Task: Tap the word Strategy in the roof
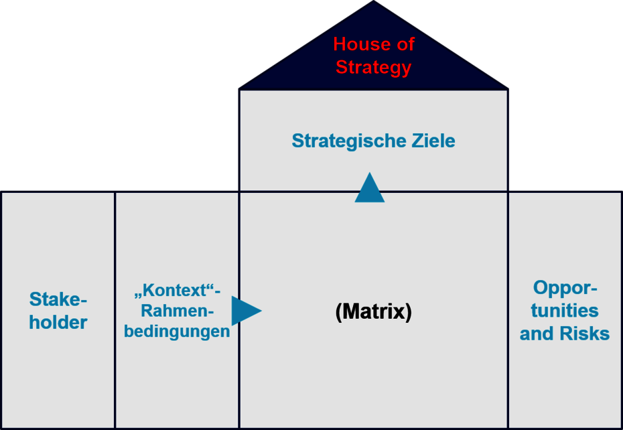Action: click(374, 68)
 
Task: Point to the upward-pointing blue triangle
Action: click(370, 187)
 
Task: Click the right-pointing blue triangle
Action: click(247, 311)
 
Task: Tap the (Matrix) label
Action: click(374, 311)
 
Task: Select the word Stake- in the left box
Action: click(58, 299)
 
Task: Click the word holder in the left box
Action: click(58, 322)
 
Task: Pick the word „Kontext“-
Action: click(178, 291)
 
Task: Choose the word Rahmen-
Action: click(178, 311)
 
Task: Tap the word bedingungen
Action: click(178, 331)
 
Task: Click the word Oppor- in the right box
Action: click(565, 288)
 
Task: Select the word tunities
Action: click(565, 311)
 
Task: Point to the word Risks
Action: click(585, 334)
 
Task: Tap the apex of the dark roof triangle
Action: click(374, 1)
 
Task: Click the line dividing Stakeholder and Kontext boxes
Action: click(115, 310)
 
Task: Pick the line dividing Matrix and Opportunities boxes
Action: click(508, 310)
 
